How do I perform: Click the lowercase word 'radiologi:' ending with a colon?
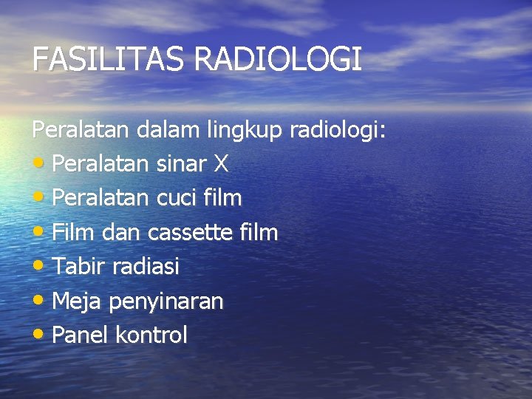(x=338, y=132)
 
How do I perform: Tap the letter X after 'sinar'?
(x=220, y=164)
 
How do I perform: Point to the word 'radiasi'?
(x=146, y=267)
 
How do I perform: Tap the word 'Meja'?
(x=78, y=301)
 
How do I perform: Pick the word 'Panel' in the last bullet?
(x=81, y=335)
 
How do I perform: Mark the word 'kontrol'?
(x=151, y=335)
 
